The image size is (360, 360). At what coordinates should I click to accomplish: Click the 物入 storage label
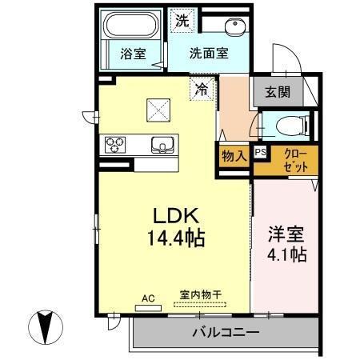coord(234,155)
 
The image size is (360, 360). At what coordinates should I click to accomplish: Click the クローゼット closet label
coord(290,162)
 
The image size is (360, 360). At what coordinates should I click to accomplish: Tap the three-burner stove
coord(114,145)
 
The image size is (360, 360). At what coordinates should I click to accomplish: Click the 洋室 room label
coord(286,238)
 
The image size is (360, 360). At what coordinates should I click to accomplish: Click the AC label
coord(147,298)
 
